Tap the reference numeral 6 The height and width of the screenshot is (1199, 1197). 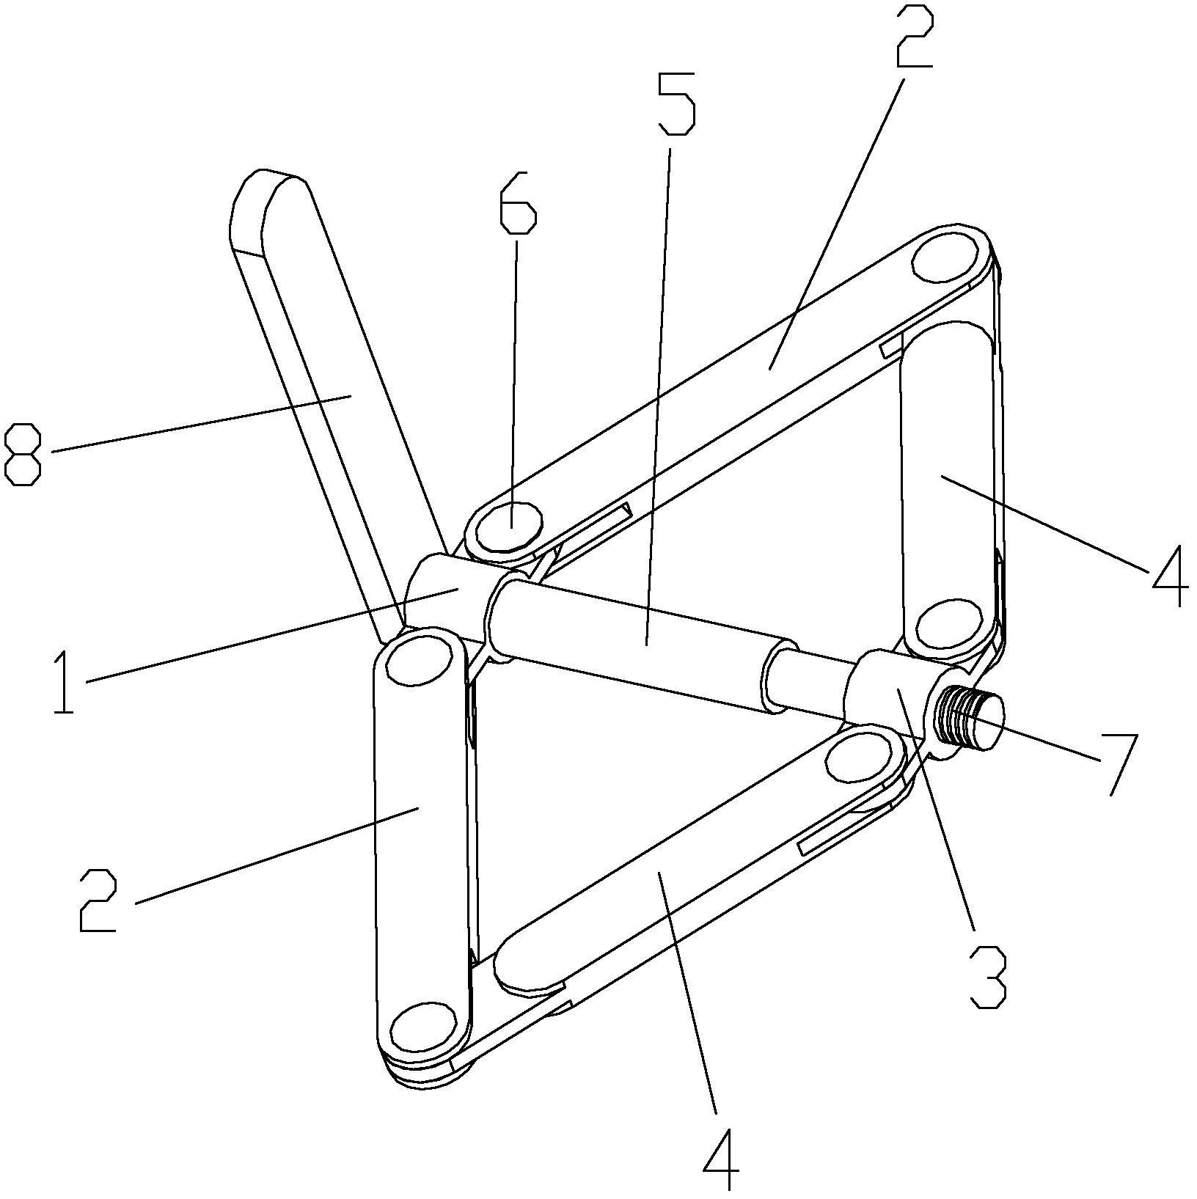coord(517,203)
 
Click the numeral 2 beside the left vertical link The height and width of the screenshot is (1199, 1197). coord(98,900)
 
